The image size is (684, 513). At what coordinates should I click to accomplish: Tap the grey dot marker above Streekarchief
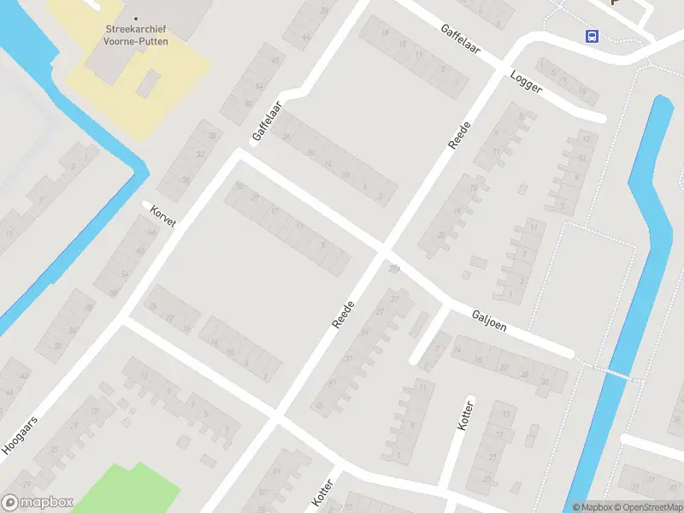tap(135, 18)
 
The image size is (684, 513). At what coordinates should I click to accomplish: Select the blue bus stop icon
tap(591, 36)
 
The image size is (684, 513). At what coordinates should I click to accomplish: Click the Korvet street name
tap(162, 216)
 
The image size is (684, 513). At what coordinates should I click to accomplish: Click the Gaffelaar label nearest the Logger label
tap(460, 40)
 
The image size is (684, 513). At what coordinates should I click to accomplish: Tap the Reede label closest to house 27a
tap(343, 313)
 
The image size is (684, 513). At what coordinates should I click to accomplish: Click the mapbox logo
tap(38, 503)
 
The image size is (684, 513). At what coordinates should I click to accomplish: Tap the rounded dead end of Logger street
tap(600, 117)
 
